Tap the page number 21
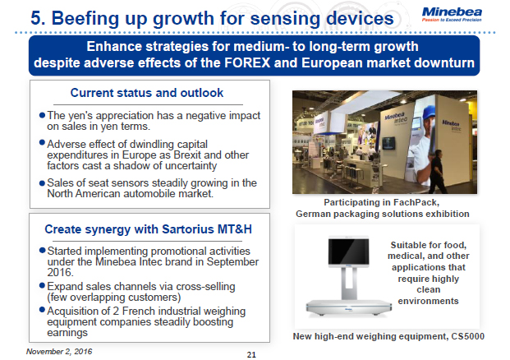[x=252, y=354]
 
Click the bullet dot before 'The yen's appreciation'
[x=42, y=115]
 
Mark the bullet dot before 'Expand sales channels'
[x=42, y=286]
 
